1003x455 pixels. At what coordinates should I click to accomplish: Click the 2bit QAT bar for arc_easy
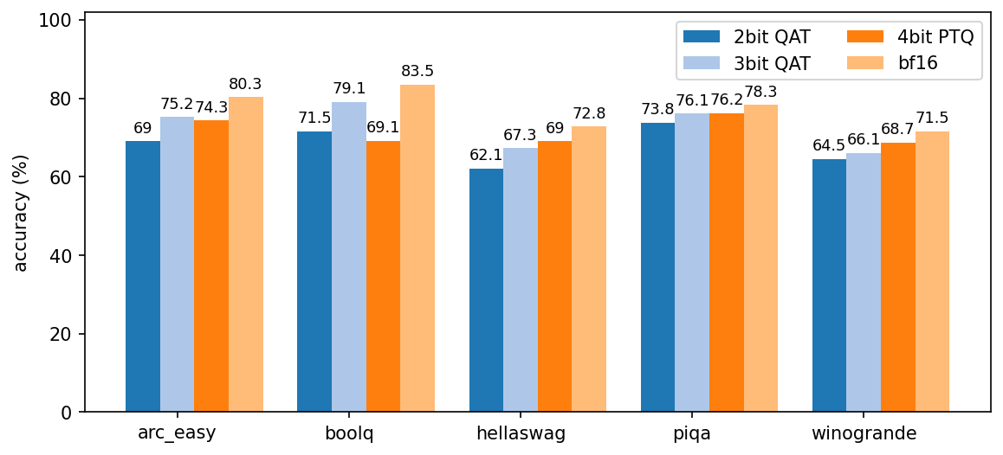pyautogui.click(x=143, y=277)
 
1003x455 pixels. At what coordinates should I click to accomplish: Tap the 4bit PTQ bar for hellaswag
pyautogui.click(x=554, y=277)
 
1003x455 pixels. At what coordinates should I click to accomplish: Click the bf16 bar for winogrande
pyautogui.click(x=932, y=272)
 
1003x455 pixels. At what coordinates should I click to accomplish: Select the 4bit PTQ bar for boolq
pyautogui.click(x=383, y=277)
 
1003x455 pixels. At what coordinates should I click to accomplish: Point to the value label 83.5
pyautogui.click(x=417, y=71)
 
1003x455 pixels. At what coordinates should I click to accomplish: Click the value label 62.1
pyautogui.click(x=486, y=155)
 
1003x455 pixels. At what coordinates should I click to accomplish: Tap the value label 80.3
pyautogui.click(x=245, y=84)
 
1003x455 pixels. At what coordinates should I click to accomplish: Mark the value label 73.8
pyautogui.click(x=657, y=109)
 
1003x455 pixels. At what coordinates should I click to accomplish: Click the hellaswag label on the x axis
pyautogui.click(x=521, y=433)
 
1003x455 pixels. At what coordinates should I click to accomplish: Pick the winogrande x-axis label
pyautogui.click(x=864, y=433)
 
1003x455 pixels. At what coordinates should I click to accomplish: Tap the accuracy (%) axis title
pyautogui.click(x=22, y=213)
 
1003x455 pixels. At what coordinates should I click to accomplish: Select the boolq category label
pyautogui.click(x=349, y=433)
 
